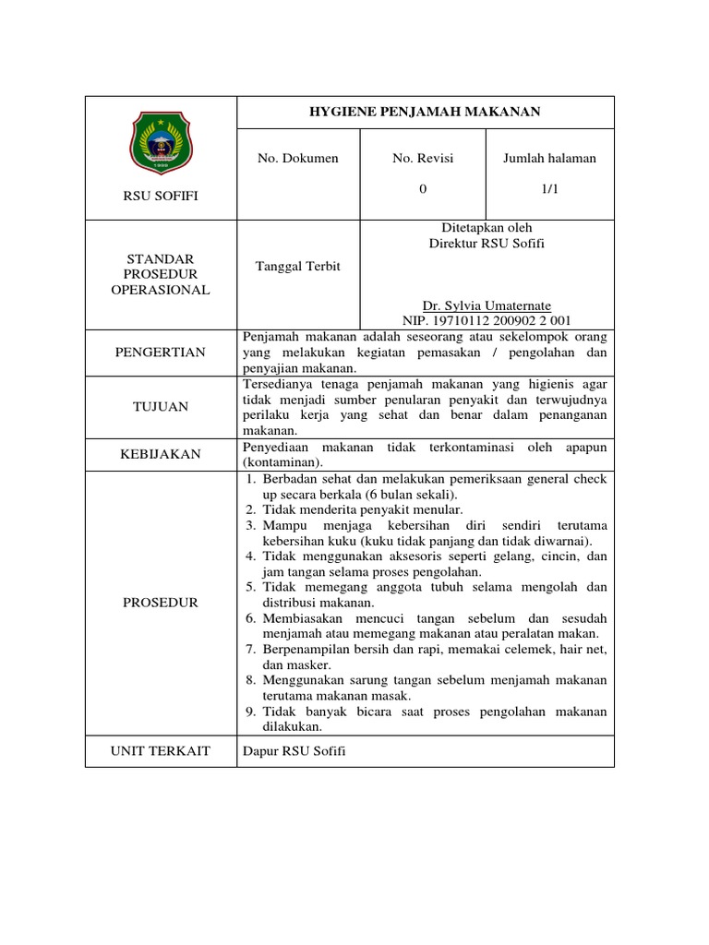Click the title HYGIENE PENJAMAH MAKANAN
pyautogui.click(x=426, y=112)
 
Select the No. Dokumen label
pyautogui.click(x=298, y=158)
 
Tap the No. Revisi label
pyautogui.click(x=423, y=158)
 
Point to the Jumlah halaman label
pyautogui.click(x=549, y=158)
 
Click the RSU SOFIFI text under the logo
pyautogui.click(x=162, y=196)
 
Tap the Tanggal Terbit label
pyautogui.click(x=298, y=266)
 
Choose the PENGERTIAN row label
pyautogui.click(x=162, y=353)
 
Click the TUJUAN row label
pyautogui.click(x=162, y=406)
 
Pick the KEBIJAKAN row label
pyautogui.click(x=162, y=454)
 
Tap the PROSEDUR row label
pyautogui.click(x=162, y=602)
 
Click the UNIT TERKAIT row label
pyautogui.click(x=162, y=751)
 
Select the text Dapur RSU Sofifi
pyautogui.click(x=294, y=751)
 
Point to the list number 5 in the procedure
pyautogui.click(x=251, y=587)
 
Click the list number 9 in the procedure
pyautogui.click(x=251, y=712)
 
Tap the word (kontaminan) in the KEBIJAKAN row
pyautogui.click(x=282, y=461)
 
